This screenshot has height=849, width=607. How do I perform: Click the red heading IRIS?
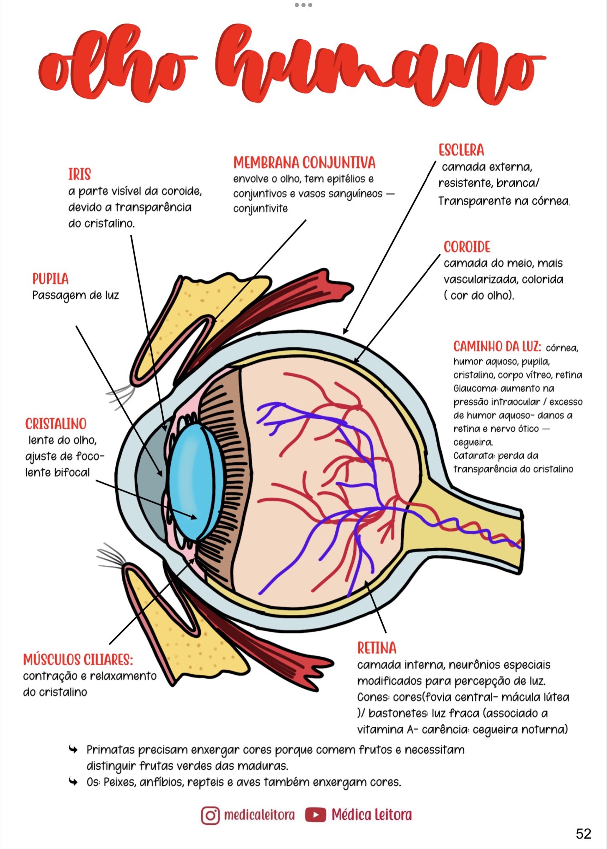tap(79, 174)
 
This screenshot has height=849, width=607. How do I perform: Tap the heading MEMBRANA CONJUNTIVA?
tap(304, 163)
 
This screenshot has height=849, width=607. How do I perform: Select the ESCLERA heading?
tap(461, 150)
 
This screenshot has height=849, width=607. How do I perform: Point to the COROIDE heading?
tap(467, 247)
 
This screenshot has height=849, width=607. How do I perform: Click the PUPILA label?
tap(51, 279)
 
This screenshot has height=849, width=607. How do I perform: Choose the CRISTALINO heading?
tap(56, 424)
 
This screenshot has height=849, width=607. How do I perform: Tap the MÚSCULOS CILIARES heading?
tap(78, 660)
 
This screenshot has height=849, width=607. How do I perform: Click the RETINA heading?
tap(377, 648)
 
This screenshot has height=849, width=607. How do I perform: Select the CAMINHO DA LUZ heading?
tap(497, 346)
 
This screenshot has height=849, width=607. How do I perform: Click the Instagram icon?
tap(210, 815)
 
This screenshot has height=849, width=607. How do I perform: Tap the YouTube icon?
tap(315, 815)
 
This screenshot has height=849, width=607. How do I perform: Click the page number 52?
tap(583, 834)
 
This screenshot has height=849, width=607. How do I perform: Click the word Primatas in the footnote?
tap(111, 750)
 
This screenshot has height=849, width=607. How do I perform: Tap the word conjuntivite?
tap(261, 209)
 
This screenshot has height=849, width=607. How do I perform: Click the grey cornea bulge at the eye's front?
tap(150, 480)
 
